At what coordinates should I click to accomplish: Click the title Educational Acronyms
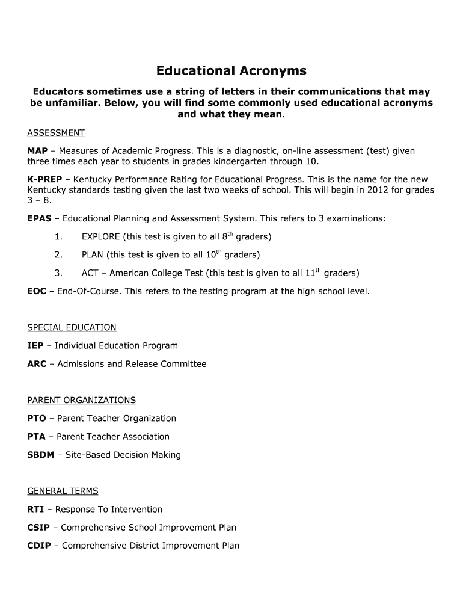pyautogui.click(x=231, y=71)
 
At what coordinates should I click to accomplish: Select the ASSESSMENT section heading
pyautogui.click(x=56, y=133)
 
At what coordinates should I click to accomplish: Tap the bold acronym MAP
pyautogui.click(x=37, y=151)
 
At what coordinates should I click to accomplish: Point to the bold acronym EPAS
pyautogui.click(x=39, y=218)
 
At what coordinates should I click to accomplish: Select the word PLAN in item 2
pyautogui.click(x=93, y=255)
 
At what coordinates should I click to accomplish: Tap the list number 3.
pyautogui.click(x=58, y=273)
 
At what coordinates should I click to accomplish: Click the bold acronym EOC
pyautogui.click(x=37, y=291)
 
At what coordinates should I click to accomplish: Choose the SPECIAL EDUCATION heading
pyautogui.click(x=72, y=328)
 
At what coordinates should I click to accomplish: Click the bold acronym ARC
pyautogui.click(x=37, y=364)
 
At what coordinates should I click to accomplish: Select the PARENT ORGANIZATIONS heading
pyautogui.click(x=82, y=400)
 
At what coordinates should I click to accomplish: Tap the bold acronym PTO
pyautogui.click(x=37, y=419)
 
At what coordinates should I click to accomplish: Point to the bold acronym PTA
pyautogui.click(x=37, y=437)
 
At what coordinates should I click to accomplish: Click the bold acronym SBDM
pyautogui.click(x=41, y=455)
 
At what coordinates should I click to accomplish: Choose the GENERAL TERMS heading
pyautogui.click(x=63, y=491)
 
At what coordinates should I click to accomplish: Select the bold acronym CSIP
pyautogui.click(x=38, y=528)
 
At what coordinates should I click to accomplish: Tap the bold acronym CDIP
pyautogui.click(x=39, y=546)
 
